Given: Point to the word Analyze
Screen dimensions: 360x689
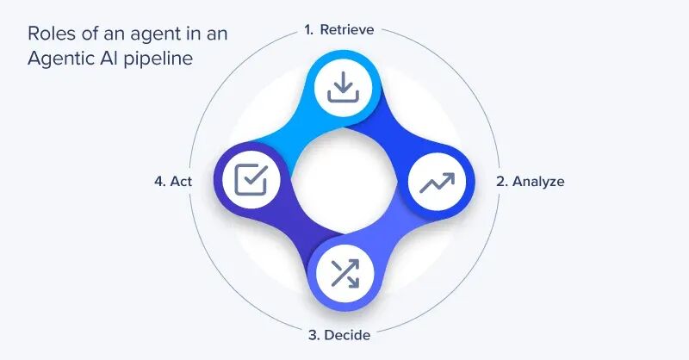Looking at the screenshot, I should point(538,182).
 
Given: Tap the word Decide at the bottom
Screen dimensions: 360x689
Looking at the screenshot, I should point(349,334).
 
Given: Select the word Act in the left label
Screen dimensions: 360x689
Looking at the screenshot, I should point(181,182).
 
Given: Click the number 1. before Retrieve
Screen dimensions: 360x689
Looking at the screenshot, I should point(309,29).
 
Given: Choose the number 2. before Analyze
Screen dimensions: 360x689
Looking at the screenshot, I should point(501,182).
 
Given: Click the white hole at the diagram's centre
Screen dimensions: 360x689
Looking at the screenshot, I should point(344,182).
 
